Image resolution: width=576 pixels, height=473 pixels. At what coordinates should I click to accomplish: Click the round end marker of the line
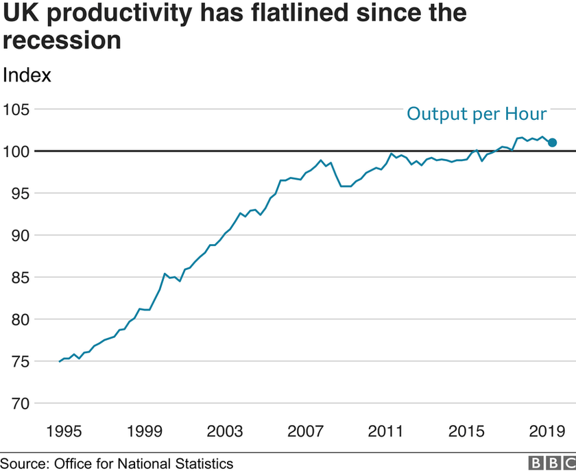click(553, 143)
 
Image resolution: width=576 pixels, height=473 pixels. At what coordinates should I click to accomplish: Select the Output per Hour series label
click(477, 114)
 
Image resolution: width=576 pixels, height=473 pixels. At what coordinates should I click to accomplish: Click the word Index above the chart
click(27, 75)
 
